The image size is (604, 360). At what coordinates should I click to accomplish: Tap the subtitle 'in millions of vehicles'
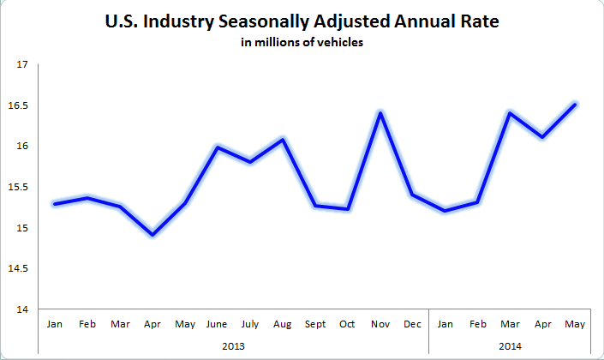coord(302,44)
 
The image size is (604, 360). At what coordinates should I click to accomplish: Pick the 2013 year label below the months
coord(234,347)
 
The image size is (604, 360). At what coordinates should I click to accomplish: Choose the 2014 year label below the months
coord(510,347)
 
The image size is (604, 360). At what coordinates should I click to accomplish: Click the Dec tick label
coord(413,325)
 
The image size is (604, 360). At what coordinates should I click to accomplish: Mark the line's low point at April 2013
coord(153,234)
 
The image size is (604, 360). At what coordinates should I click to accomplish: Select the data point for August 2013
coord(283,139)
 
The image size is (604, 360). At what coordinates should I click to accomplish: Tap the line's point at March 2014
coord(511,113)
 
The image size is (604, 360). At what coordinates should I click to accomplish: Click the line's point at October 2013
coord(348,208)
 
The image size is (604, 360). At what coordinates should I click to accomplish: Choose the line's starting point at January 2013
coord(56,203)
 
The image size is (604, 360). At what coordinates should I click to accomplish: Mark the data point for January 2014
coord(446,211)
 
